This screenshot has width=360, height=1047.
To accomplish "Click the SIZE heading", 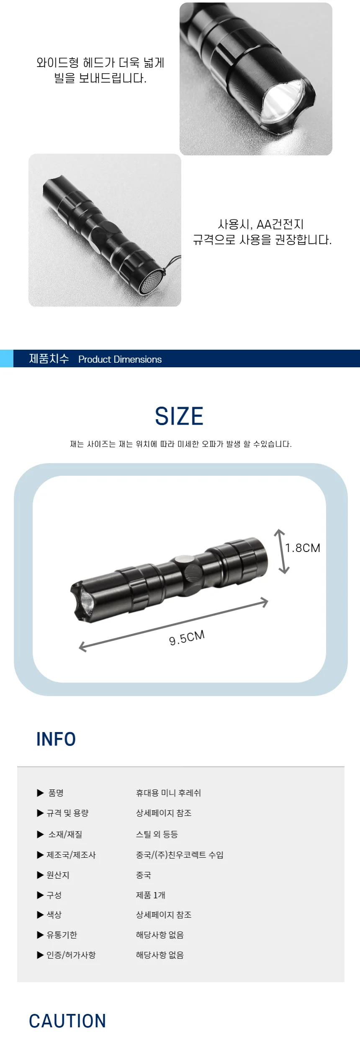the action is tap(179, 416).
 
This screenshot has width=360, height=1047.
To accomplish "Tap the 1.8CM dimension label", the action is tap(303, 548).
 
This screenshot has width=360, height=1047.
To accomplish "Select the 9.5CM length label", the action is tap(187, 637).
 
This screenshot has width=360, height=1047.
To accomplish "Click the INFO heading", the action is tap(56, 739).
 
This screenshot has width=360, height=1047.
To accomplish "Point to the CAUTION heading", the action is tap(67, 1021).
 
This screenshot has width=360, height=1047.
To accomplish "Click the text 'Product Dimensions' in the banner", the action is tap(120, 359).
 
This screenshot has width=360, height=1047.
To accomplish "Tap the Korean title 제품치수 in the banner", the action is tap(49, 358).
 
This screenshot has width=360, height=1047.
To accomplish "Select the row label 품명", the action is tap(56, 793).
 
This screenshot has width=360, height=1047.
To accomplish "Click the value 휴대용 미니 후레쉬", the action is tap(168, 793).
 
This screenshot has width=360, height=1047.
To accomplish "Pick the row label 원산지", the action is tap(58, 875).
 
